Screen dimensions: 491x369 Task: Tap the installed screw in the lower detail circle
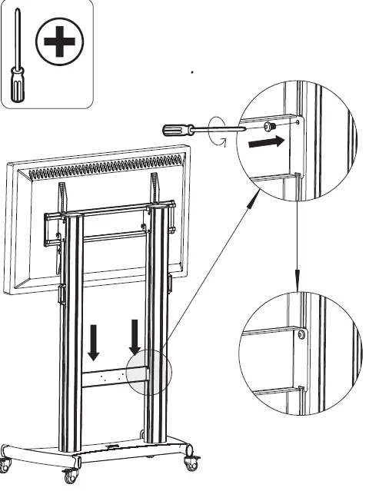(301, 333)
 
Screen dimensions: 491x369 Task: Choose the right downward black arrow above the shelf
(135, 335)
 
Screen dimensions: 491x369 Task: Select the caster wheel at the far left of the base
(5, 463)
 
